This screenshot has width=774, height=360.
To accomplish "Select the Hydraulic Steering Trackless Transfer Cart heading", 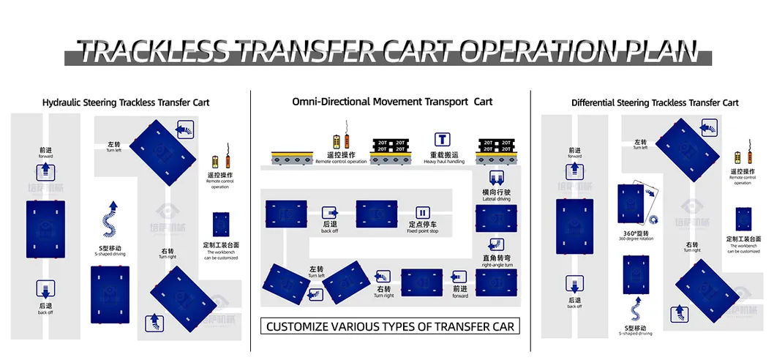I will (x=126, y=102).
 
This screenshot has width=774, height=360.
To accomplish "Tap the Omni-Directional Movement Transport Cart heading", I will (x=392, y=102).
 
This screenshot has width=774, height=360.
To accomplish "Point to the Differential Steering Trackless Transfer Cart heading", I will (x=655, y=103).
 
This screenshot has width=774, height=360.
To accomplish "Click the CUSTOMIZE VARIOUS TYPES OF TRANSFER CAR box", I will (x=390, y=326).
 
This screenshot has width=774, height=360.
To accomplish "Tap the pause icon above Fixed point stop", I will (x=422, y=213).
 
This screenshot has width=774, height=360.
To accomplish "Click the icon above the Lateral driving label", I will (x=495, y=180).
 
